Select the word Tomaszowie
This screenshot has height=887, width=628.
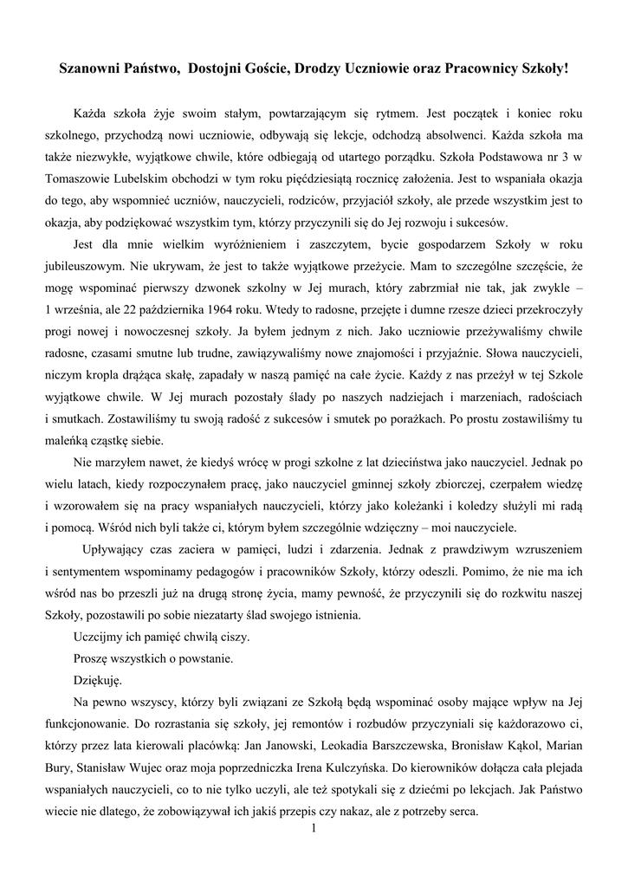tap(85, 178)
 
